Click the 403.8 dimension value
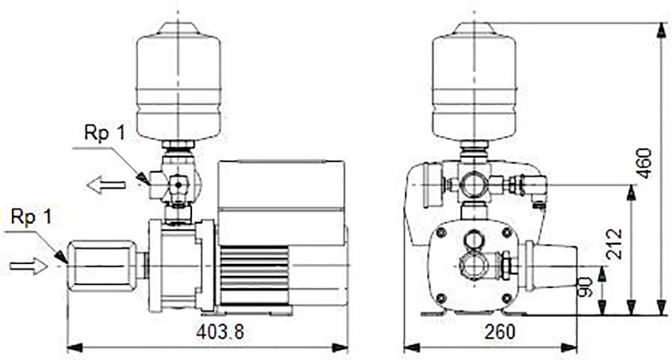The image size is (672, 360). (x=220, y=332)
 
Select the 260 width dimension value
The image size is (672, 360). (x=500, y=332)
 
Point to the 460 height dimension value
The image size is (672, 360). (x=644, y=164)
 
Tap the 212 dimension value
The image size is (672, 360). (x=615, y=243)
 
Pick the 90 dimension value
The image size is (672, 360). (x=586, y=287)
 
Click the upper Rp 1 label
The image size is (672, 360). (x=105, y=133)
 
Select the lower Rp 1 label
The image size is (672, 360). (x=31, y=217)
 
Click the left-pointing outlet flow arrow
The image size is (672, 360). (x=106, y=185)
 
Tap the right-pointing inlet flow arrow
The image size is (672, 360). (x=28, y=266)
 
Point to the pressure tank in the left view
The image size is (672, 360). (x=178, y=81)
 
